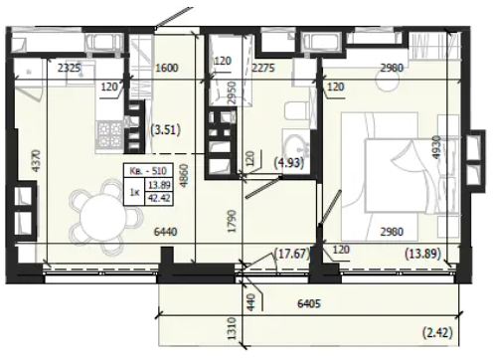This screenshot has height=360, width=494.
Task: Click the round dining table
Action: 102,218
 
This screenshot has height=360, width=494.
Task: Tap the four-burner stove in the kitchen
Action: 109,135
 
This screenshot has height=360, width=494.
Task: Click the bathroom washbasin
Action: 296,147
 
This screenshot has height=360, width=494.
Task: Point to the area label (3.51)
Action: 166,130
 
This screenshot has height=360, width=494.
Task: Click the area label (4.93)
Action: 289,163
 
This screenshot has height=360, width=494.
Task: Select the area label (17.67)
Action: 292,254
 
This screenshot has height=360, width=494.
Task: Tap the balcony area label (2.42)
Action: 437,332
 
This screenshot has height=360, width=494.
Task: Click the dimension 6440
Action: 165,232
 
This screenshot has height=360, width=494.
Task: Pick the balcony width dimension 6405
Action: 309,303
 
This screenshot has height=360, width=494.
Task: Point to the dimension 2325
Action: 69,68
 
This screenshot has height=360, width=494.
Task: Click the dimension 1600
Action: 167,68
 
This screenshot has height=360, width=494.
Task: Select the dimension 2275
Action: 263,68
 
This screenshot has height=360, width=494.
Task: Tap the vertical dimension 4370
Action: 36,161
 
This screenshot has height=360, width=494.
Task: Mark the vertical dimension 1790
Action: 232,221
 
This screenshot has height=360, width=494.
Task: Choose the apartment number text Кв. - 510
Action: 148,171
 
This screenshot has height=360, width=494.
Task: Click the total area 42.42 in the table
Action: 159,198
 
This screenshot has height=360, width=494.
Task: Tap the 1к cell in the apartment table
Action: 134,192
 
